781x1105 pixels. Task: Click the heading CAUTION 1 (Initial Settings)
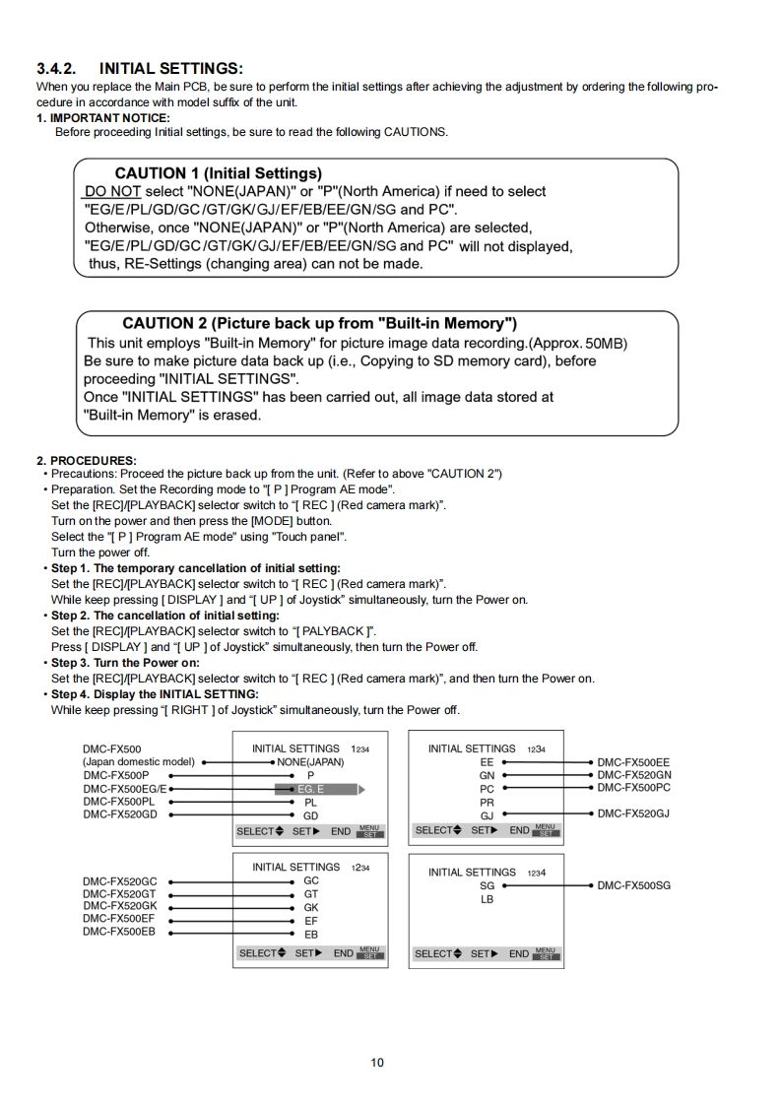218,173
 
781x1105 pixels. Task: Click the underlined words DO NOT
112,191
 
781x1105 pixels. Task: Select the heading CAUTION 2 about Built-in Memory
320,323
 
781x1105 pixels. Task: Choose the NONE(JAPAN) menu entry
310,761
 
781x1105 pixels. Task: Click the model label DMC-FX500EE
633,761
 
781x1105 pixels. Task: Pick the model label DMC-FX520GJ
633,814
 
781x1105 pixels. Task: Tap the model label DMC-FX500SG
633,885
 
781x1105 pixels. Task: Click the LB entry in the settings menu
487,899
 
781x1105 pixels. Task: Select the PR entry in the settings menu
487,802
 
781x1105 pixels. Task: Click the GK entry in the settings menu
310,907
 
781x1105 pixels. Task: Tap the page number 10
378,1063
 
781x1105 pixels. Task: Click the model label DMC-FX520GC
119,879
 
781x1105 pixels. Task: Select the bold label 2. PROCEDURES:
87,460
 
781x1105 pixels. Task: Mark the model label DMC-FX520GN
633,775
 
